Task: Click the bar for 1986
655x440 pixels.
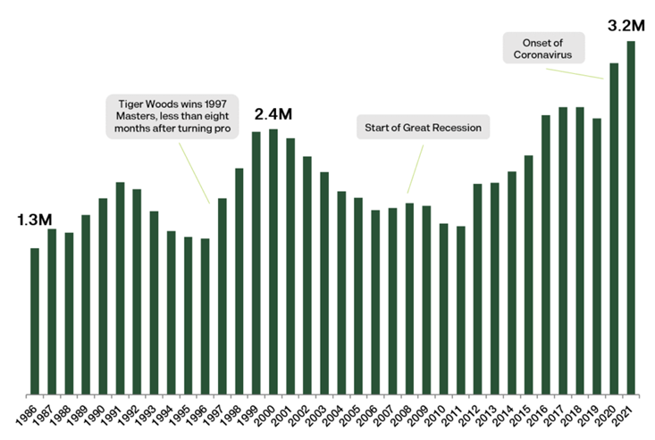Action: pyautogui.click(x=35, y=320)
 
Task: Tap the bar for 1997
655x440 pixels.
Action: pyautogui.click(x=223, y=295)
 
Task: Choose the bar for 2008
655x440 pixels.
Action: pyautogui.click(x=409, y=298)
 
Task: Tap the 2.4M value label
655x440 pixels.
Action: pyautogui.click(x=273, y=114)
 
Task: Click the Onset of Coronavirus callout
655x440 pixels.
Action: pyautogui.click(x=543, y=47)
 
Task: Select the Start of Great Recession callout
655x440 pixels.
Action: pyautogui.click(x=424, y=129)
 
